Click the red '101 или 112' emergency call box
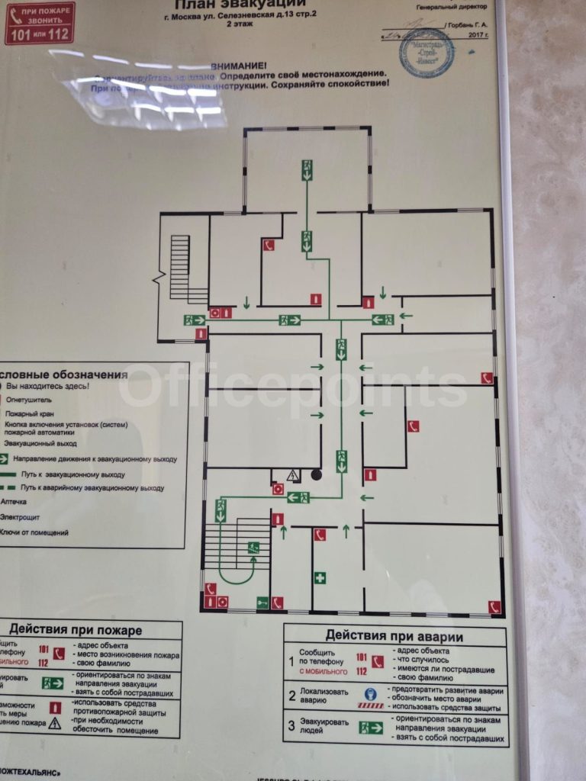point(40,24)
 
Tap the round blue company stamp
point(427,53)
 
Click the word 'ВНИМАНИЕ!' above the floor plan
point(239,66)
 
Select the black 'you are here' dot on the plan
point(316,475)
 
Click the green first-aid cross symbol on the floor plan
point(320,578)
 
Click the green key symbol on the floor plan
point(262,603)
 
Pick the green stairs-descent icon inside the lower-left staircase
point(253,547)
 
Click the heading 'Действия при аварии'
point(394,635)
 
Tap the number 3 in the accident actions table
point(291,726)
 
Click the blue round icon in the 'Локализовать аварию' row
point(370,693)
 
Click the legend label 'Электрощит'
point(24,516)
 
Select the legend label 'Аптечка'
point(15,502)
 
